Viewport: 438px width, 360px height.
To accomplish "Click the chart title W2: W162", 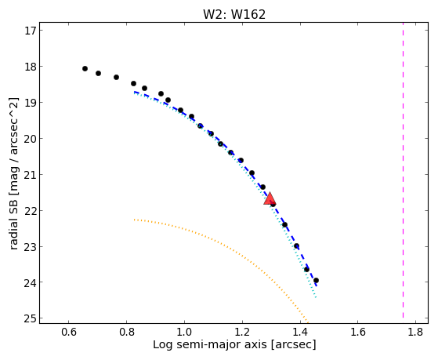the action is pos(234,15).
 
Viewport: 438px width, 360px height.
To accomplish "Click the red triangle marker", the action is pos(270,199).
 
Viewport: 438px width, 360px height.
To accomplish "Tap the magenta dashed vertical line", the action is pos(403,170).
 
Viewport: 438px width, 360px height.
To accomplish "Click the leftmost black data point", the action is pos(85,68).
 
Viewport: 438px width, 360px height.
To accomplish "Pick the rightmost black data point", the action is pos(316,280).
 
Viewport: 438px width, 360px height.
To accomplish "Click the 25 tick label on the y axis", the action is pos(31,318).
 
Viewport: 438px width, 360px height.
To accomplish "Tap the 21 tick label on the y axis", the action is pos(31,174).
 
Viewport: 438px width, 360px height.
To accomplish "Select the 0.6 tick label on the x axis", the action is pos(69,332).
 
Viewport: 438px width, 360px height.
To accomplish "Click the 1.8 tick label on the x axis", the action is pos(415,332).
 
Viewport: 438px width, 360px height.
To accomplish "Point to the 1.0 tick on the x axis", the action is pos(184,322).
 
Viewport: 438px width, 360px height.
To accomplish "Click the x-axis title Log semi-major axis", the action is pos(209,344).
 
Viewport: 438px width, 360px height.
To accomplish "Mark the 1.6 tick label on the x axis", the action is pos(358,332).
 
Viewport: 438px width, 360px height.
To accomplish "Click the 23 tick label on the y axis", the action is pos(31,246).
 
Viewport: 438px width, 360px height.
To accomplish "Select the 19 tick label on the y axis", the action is pos(31,103).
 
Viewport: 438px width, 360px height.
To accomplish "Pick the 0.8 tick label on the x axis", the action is pos(126,332).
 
